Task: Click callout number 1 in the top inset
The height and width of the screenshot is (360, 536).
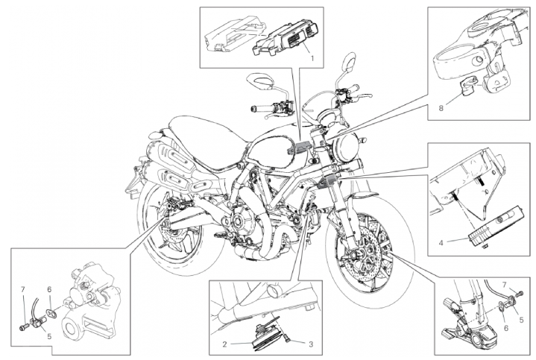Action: pos(312,58)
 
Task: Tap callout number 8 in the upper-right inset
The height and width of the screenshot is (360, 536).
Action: pos(441,108)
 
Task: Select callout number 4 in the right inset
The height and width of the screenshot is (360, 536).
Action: pos(441,243)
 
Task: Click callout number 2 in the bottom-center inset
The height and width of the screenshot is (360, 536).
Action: pos(224,344)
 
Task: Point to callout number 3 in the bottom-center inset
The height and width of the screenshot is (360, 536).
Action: pos(311,344)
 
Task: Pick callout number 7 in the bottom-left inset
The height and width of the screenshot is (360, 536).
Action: pos(23,290)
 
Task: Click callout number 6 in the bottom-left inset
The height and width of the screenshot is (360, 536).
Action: pos(49,290)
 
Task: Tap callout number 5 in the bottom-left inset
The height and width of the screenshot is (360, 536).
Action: pos(49,336)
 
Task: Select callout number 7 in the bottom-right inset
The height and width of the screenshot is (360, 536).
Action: pos(505,285)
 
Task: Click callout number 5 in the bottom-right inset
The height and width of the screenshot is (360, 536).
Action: pos(521,320)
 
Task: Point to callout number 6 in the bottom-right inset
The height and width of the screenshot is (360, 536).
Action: pos(506,328)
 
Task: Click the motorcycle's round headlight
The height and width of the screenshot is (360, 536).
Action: pos(346,145)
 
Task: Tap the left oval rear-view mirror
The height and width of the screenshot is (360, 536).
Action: pos(261,83)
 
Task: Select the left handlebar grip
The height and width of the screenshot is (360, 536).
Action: pos(259,109)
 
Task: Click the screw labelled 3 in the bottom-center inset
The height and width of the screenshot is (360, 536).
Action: pos(286,339)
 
